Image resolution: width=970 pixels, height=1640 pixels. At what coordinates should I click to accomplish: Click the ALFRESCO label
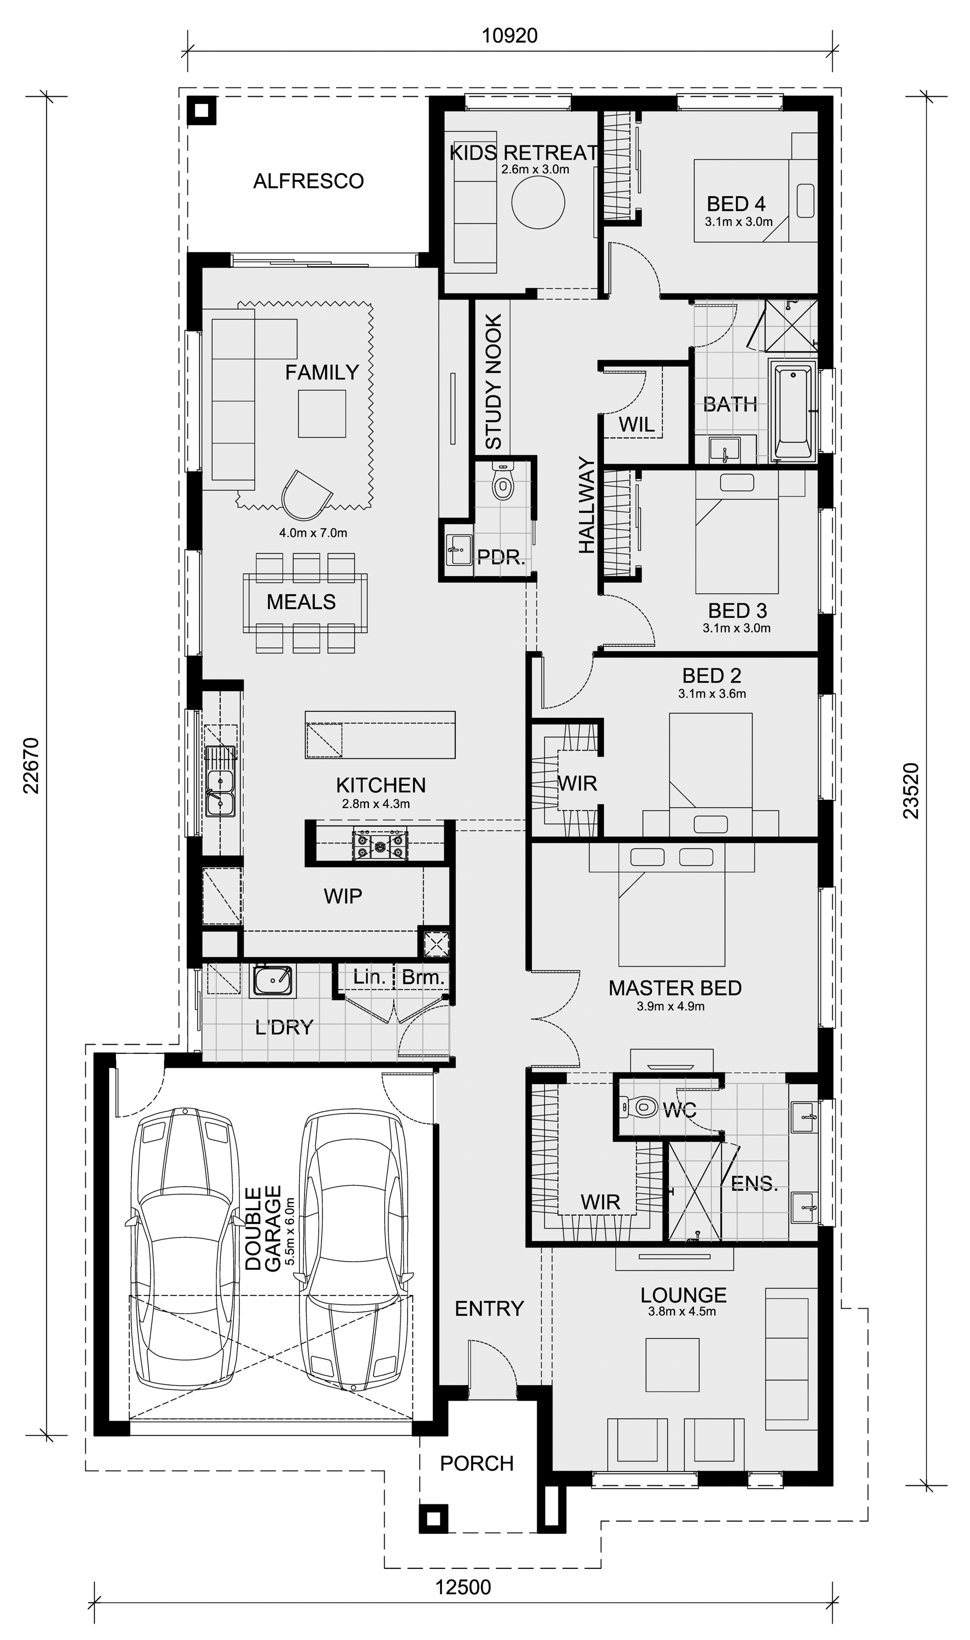pyautogui.click(x=309, y=181)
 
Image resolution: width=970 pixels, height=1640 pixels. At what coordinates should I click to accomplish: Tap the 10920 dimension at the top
pyautogui.click(x=510, y=36)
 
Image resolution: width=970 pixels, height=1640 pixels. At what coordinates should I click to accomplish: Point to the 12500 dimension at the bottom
pyautogui.click(x=463, y=1587)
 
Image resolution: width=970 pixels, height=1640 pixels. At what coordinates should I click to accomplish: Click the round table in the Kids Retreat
pyautogui.click(x=537, y=203)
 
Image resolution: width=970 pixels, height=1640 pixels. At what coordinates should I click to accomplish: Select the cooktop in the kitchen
pyautogui.click(x=380, y=845)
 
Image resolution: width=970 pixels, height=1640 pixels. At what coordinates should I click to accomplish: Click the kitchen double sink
pyautogui.click(x=220, y=781)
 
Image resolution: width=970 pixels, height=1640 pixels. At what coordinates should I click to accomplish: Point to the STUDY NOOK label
pyautogui.click(x=493, y=382)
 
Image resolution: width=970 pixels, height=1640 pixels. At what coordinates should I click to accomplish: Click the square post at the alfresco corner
pyautogui.click(x=202, y=110)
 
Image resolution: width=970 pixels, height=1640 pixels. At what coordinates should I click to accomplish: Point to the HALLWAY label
pyautogui.click(x=587, y=505)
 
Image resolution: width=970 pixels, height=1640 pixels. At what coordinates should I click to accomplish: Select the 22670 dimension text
pyautogui.click(x=31, y=765)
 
